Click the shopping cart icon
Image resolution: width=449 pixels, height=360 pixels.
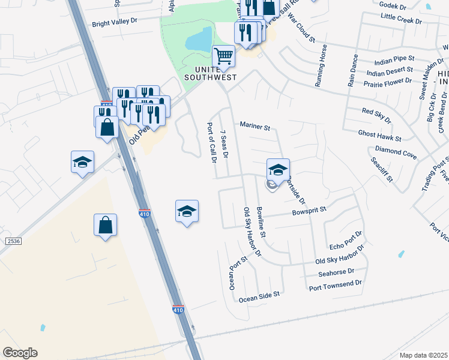223,57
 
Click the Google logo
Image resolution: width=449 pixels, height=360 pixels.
20,353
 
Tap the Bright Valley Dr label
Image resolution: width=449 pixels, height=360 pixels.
115,25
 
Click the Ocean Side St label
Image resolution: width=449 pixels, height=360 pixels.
259,295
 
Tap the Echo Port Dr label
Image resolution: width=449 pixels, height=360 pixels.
346,240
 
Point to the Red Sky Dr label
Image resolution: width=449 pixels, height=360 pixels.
376,115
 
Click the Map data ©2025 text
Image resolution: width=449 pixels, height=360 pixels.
423,355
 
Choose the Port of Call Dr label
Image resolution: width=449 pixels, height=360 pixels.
211,143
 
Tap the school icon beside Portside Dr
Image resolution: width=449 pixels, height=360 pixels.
278,169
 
